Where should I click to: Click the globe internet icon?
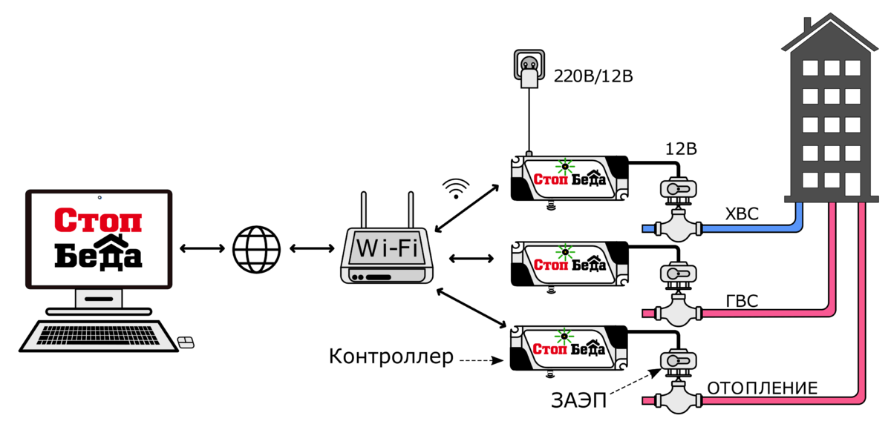(x=256, y=248)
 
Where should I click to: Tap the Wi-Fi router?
(x=385, y=256)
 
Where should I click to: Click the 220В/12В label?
(x=593, y=76)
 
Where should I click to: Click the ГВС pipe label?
(x=742, y=301)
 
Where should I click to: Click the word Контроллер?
(x=391, y=357)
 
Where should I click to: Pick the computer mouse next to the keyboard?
(x=186, y=342)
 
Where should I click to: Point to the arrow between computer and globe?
(x=202, y=248)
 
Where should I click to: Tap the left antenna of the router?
(x=364, y=211)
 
